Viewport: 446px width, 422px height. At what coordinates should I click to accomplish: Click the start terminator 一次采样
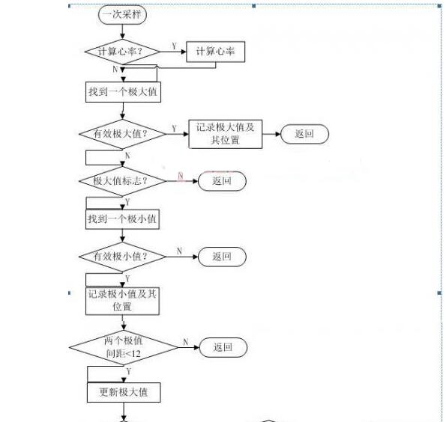[122, 14]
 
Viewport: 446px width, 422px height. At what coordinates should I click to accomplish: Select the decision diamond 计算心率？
[123, 52]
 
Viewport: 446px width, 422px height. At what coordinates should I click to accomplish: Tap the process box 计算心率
[215, 52]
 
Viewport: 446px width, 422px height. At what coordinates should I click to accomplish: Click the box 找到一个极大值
[123, 92]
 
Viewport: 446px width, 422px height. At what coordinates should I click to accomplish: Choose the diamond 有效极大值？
[123, 134]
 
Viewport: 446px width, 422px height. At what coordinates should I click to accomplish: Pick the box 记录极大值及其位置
[226, 134]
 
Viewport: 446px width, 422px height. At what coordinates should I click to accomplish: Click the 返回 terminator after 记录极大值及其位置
[304, 134]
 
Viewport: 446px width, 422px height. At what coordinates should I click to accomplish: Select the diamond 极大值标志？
[123, 181]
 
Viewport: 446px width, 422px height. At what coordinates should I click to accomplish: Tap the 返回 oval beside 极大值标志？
[222, 181]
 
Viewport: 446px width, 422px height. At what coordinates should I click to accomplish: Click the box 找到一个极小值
[122, 219]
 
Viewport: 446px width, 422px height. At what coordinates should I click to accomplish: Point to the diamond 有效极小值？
[123, 257]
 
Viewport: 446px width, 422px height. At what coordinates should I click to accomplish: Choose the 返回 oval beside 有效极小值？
[222, 257]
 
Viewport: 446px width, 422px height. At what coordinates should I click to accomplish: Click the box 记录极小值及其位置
[122, 301]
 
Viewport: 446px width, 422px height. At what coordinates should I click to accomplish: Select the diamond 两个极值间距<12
[124, 347]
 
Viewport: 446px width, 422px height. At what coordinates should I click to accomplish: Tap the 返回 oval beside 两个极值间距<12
[223, 347]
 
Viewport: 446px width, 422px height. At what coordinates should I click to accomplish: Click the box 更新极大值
[124, 393]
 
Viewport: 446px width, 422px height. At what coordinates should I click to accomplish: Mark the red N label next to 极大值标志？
[181, 177]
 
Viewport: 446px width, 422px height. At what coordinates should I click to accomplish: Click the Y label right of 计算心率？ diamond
[175, 46]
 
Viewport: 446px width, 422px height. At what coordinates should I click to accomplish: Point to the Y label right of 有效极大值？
[174, 129]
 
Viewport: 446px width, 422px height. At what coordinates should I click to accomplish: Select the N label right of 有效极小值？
[179, 251]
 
